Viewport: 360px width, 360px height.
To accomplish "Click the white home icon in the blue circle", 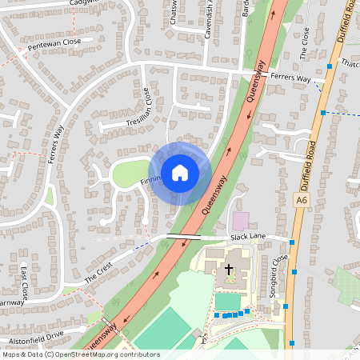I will (x=180, y=172).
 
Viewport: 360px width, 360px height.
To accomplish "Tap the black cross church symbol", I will (x=228, y=270).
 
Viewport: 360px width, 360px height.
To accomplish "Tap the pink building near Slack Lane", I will (x=240, y=220).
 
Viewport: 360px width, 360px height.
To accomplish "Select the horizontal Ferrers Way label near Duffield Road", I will (x=290, y=78).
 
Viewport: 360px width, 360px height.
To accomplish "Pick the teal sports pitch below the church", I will (x=226, y=301).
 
